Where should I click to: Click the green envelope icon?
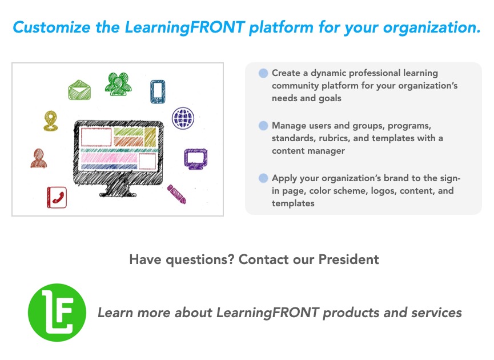(79, 90)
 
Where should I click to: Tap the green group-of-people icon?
(118, 84)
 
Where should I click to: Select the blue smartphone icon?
(158, 91)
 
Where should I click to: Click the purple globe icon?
(183, 118)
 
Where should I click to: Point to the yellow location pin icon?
(50, 121)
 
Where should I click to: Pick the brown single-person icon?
(39, 158)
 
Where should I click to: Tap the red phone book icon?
(57, 197)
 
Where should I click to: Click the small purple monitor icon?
(196, 158)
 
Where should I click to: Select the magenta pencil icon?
(176, 194)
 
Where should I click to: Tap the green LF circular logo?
(57, 313)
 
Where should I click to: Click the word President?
(348, 259)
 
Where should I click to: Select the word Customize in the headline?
(51, 27)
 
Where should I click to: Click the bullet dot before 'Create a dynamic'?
(263, 73)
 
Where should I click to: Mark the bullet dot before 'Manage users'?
(263, 126)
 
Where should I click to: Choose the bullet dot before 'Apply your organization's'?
(263, 178)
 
